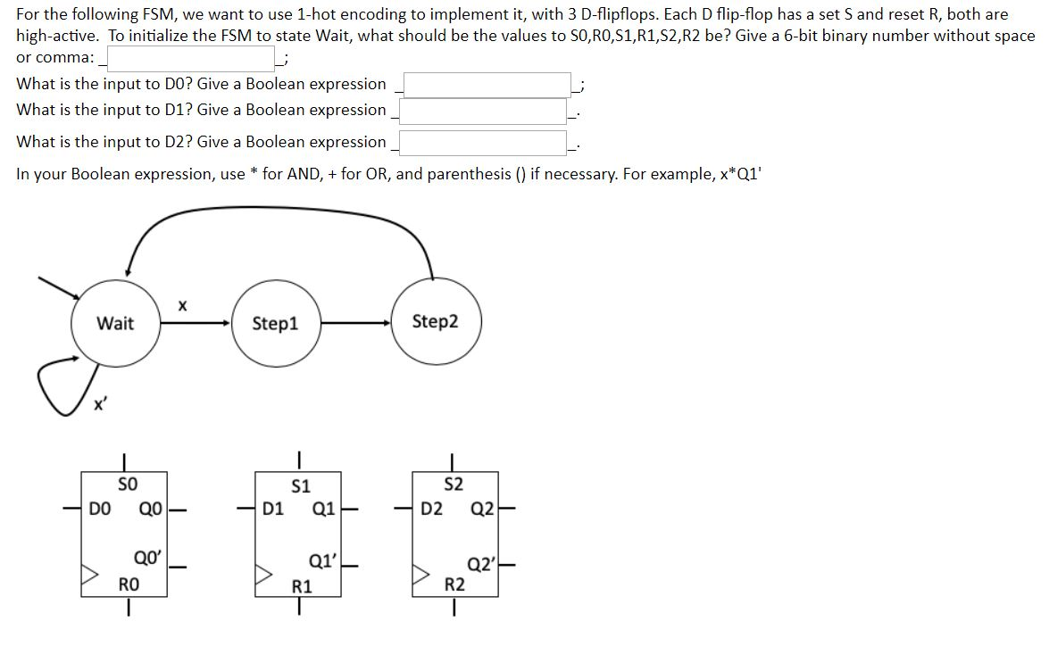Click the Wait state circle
(115, 323)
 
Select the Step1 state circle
(275, 323)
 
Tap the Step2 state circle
(436, 321)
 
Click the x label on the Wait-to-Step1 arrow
(182, 305)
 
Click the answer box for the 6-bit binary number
(191, 59)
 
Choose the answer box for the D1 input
(483, 111)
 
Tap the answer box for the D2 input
(483, 143)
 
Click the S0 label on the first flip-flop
(128, 485)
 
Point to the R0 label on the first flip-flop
(129, 584)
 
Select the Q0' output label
(146, 559)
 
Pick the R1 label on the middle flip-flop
(303, 586)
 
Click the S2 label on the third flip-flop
(454, 485)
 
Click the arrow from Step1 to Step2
(357, 322)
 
